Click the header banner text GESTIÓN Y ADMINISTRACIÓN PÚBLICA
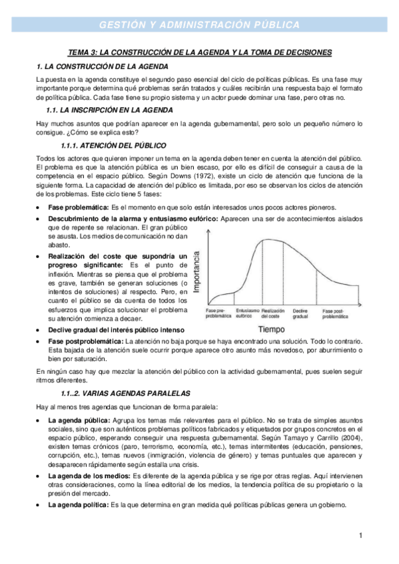point(199,25)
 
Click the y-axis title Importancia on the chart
point(197,273)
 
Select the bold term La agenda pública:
point(81,422)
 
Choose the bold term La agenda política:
point(80,505)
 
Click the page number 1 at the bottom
point(360,535)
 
